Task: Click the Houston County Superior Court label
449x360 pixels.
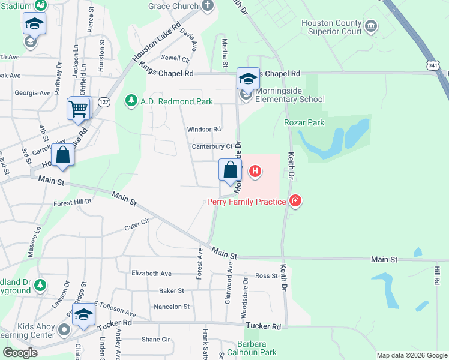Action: pyautogui.click(x=331, y=27)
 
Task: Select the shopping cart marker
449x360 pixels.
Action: pyautogui.click(x=79, y=109)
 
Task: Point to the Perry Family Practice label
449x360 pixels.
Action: pyautogui.click(x=246, y=202)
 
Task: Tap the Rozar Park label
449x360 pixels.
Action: pyautogui.click(x=304, y=122)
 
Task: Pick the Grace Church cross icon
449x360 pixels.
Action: pyautogui.click(x=208, y=7)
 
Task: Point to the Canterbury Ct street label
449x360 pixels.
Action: pyautogui.click(x=212, y=146)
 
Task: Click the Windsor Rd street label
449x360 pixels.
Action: pyautogui.click(x=204, y=129)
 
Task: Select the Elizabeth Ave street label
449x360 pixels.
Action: pyautogui.click(x=151, y=274)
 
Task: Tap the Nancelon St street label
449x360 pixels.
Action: pyautogui.click(x=172, y=307)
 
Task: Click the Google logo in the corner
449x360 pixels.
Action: pyautogui.click(x=20, y=353)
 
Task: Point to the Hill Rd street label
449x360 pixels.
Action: pyautogui.click(x=437, y=276)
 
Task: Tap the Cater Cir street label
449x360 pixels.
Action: pyautogui.click(x=136, y=225)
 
